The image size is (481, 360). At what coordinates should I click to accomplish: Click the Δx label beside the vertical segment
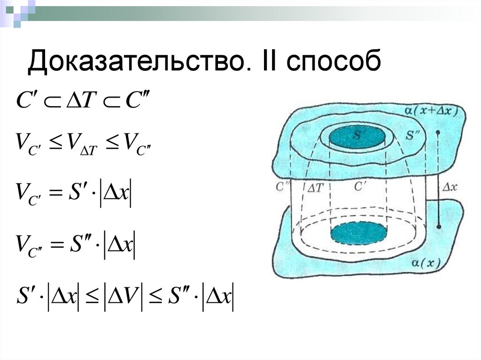tap(450, 187)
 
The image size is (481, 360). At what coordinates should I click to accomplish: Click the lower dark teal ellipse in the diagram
tap(359, 233)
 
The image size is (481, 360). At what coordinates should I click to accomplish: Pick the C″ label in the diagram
tap(283, 186)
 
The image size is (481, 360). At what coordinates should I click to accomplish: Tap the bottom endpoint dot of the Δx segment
tap(438, 226)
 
